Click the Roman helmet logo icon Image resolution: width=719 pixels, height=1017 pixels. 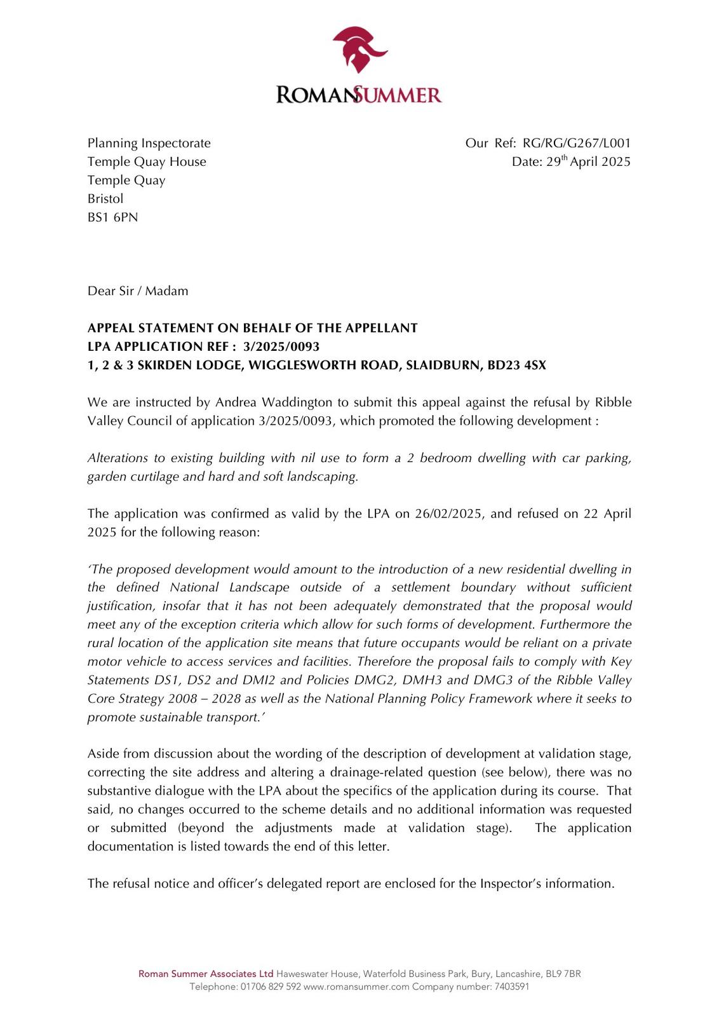pyautogui.click(x=359, y=49)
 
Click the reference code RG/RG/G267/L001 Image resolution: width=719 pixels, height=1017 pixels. pyautogui.click(x=577, y=143)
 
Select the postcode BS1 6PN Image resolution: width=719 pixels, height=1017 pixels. pyautogui.click(x=112, y=217)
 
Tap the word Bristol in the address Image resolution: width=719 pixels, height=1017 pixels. pyautogui.click(x=105, y=199)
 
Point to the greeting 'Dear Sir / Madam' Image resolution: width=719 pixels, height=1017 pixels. pyautogui.click(x=138, y=291)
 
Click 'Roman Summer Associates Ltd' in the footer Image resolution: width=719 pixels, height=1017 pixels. pyautogui.click(x=206, y=974)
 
